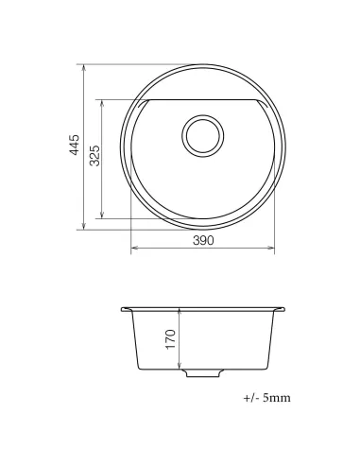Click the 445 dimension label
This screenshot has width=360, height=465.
point(77,146)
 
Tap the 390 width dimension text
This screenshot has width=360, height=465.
point(203,240)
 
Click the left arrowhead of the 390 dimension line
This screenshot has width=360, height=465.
point(133,249)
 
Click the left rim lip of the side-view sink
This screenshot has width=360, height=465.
point(127,309)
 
